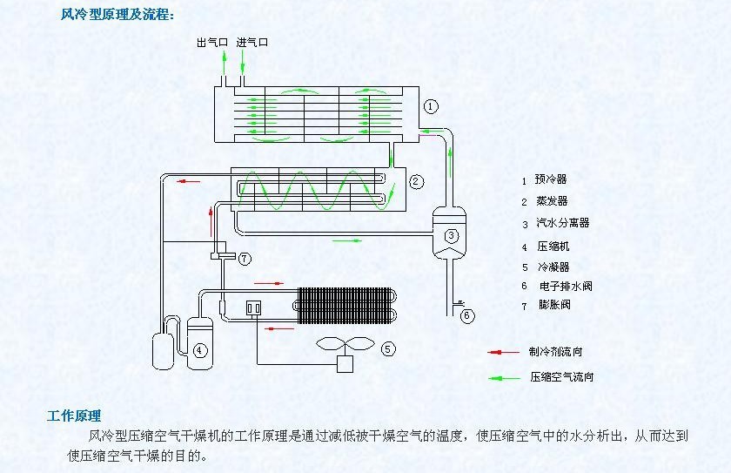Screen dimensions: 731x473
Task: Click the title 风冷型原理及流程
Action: (x=117, y=15)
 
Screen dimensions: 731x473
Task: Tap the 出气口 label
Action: (x=212, y=43)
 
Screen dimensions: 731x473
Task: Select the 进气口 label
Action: (x=252, y=43)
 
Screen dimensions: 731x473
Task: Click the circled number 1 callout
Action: (x=431, y=106)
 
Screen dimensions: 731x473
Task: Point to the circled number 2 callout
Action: (x=416, y=181)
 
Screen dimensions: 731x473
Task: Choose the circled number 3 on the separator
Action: (x=451, y=235)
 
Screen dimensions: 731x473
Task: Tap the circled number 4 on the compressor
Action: (x=200, y=350)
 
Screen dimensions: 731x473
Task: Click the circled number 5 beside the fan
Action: (x=388, y=349)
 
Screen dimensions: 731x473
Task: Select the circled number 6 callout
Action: (x=467, y=316)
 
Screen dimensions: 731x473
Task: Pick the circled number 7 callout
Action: (x=245, y=259)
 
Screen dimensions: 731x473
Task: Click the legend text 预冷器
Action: (x=551, y=179)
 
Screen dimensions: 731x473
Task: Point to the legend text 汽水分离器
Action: (x=563, y=222)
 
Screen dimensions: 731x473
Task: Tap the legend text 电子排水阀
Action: (x=566, y=286)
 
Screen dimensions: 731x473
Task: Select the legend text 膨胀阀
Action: (x=554, y=305)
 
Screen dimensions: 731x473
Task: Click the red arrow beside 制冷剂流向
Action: (x=503, y=352)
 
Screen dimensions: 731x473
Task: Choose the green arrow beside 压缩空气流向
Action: (x=504, y=378)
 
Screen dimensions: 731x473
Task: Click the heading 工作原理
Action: (x=74, y=416)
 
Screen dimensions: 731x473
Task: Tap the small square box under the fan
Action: (x=345, y=364)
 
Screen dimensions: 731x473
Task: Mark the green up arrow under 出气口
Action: (x=224, y=63)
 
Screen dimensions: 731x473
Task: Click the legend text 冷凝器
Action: (x=553, y=267)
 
